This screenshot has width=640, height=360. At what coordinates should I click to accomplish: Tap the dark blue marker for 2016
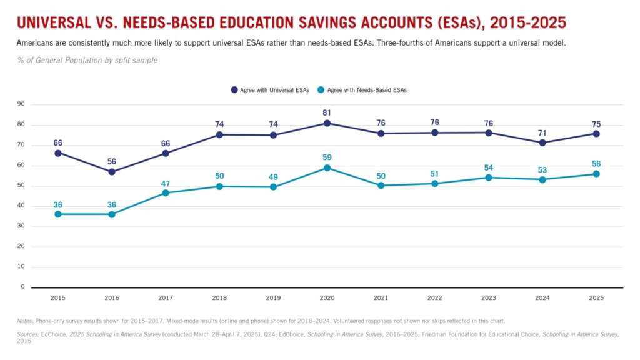[112, 172]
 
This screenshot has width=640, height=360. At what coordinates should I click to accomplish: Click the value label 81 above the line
[326, 112]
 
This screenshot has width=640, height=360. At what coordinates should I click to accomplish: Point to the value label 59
[326, 157]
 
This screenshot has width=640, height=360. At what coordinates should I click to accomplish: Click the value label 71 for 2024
[542, 132]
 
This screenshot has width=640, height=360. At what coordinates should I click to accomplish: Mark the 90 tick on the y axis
[21, 104]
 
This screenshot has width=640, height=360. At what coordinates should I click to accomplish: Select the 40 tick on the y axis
[21, 206]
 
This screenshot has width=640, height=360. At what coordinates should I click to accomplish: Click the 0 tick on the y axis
[22, 287]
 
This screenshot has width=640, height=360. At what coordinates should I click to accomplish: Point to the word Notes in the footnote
[25, 321]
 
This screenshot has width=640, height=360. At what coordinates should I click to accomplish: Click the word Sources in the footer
[29, 334]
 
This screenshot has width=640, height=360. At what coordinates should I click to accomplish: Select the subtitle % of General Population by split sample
[87, 60]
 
